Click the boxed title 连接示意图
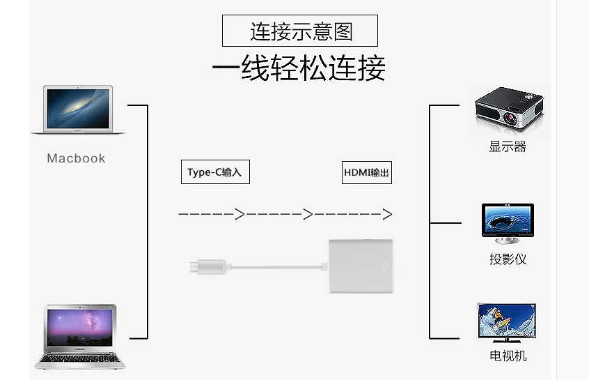click(x=300, y=31)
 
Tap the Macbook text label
click(x=76, y=158)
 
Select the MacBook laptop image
click(x=78, y=110)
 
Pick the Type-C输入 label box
click(x=214, y=172)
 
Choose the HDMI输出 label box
click(x=367, y=172)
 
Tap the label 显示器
click(x=508, y=146)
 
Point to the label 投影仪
click(x=508, y=259)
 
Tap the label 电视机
click(x=508, y=356)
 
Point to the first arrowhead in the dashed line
click(x=239, y=214)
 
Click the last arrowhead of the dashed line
click(x=387, y=214)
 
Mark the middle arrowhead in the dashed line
click(x=308, y=214)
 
